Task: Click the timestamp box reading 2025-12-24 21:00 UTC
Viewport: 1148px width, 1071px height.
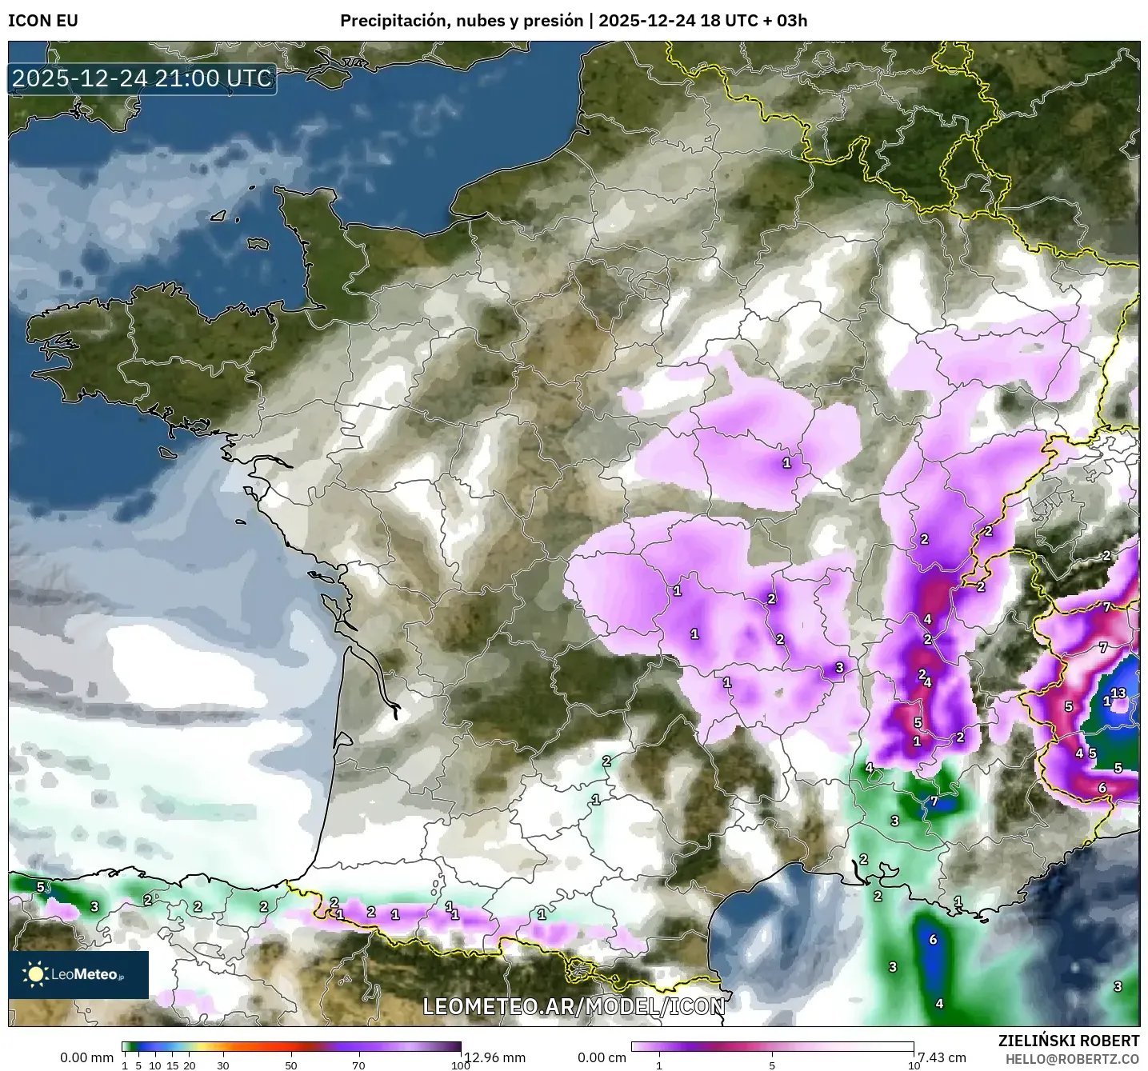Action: pyautogui.click(x=142, y=78)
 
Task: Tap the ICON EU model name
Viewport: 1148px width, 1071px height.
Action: pyautogui.click(x=43, y=21)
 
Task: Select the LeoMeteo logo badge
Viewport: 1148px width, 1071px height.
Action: pyautogui.click(x=78, y=974)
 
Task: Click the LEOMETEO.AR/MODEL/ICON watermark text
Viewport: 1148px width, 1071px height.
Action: pyautogui.click(x=573, y=1006)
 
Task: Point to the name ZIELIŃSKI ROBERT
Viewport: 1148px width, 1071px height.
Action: pyautogui.click(x=1069, y=1041)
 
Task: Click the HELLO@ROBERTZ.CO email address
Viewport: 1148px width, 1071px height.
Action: pyautogui.click(x=1072, y=1058)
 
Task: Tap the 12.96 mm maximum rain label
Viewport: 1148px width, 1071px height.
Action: pyautogui.click(x=495, y=1057)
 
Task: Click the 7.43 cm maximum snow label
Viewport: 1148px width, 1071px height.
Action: pyautogui.click(x=942, y=1057)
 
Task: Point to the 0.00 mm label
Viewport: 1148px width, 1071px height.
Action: pyautogui.click(x=87, y=1057)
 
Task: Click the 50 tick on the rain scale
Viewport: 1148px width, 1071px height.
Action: pyautogui.click(x=291, y=1065)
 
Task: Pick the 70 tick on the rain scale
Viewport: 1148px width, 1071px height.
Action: pyautogui.click(x=358, y=1065)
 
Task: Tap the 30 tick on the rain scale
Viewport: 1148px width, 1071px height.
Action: pyautogui.click(x=223, y=1065)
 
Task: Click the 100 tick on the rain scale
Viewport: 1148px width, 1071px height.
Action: pyautogui.click(x=460, y=1065)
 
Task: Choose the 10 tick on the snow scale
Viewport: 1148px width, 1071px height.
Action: pyautogui.click(x=913, y=1065)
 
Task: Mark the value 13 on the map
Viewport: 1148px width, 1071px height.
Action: pyautogui.click(x=1118, y=693)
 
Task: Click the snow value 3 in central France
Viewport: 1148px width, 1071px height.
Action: pyautogui.click(x=839, y=667)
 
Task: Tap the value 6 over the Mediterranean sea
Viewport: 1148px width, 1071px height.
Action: pyautogui.click(x=933, y=940)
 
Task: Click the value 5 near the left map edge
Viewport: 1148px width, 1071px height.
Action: pyautogui.click(x=40, y=886)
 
